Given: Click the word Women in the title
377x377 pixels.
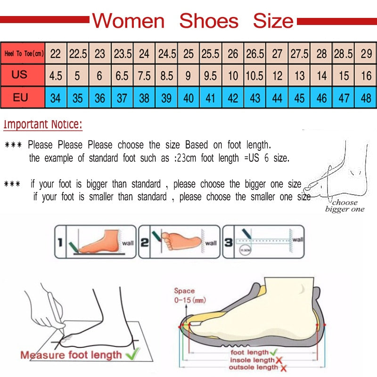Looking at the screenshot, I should click(x=128, y=21).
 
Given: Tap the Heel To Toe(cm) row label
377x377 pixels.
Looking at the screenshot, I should click(x=24, y=54).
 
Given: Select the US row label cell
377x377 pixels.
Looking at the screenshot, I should click(x=20, y=75).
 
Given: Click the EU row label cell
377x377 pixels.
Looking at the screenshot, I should click(x=20, y=98).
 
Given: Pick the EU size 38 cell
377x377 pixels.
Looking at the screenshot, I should click(x=144, y=98).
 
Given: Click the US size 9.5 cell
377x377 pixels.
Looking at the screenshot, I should click(x=210, y=76).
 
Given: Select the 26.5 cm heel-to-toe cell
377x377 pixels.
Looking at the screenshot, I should click(x=255, y=54).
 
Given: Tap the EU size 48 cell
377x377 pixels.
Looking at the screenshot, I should click(x=366, y=98).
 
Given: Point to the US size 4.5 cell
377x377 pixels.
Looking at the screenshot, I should click(x=56, y=76).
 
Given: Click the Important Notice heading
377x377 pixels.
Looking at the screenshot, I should click(x=43, y=125).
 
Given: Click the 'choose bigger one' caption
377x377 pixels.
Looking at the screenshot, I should click(x=345, y=206).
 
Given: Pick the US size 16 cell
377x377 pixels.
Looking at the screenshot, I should click(x=366, y=76).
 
